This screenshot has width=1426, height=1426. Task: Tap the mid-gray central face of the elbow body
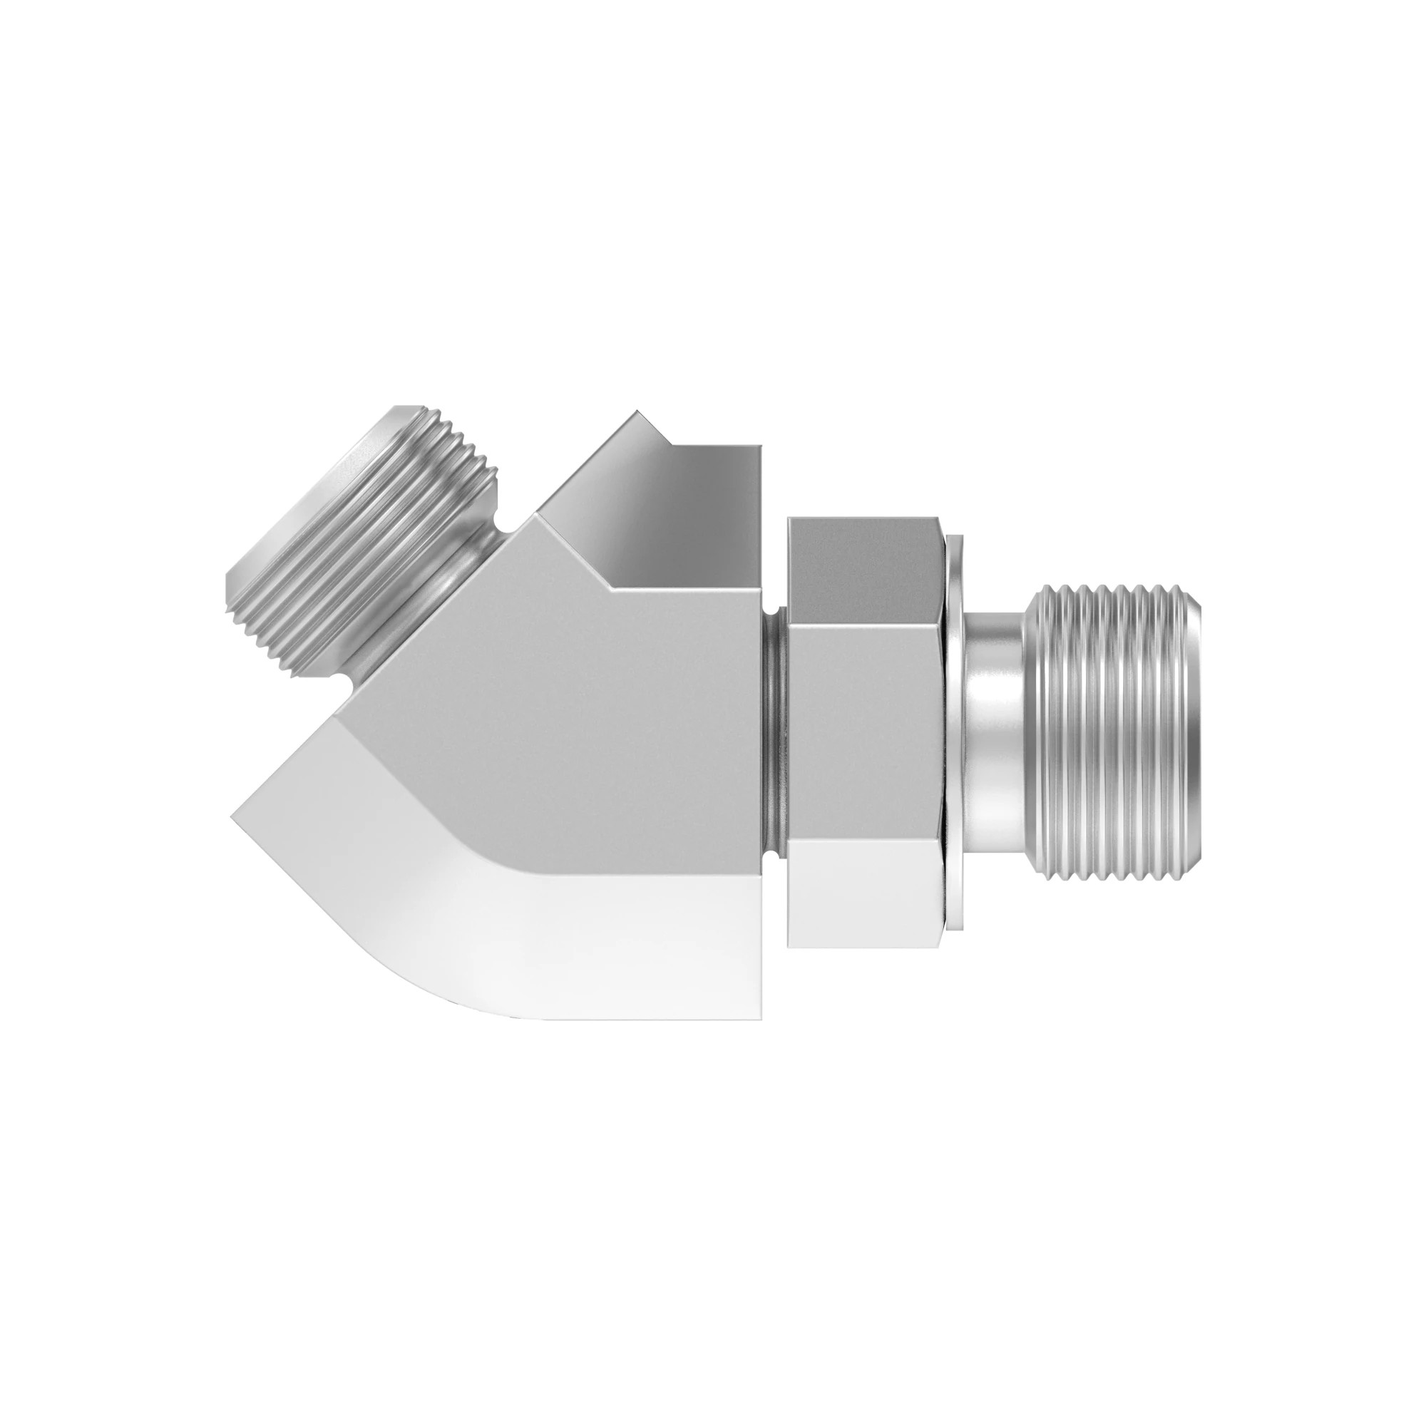[x=561, y=709]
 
